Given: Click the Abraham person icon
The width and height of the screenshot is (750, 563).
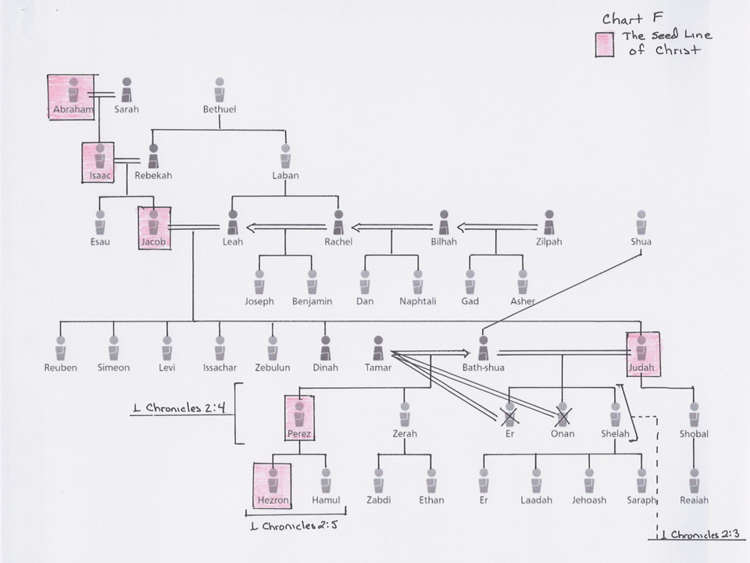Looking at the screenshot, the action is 73,90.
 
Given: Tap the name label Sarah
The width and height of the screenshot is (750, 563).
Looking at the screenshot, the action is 127,109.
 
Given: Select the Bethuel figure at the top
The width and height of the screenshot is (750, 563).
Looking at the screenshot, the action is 220,90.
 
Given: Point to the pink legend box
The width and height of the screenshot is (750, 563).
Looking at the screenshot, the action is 605,45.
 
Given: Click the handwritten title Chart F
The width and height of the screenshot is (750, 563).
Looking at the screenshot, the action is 632,19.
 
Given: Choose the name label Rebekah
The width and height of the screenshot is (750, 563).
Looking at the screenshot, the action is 153,175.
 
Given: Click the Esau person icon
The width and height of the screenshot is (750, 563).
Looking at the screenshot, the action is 100,222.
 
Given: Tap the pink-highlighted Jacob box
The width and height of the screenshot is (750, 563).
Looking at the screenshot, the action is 154,228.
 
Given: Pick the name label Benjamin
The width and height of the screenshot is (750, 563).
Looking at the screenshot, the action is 312,301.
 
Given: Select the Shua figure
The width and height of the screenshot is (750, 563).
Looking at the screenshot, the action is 641,222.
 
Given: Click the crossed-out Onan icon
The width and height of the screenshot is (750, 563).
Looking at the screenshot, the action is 562,414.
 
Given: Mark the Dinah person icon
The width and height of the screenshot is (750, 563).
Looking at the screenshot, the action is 325,348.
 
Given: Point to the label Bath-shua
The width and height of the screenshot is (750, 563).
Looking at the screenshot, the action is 483,368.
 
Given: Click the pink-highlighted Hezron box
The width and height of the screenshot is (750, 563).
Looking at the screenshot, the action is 272,486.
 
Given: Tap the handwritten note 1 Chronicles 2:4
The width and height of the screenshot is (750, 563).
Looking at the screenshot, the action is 180,408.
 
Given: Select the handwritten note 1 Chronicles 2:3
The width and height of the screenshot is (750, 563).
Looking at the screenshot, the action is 700,534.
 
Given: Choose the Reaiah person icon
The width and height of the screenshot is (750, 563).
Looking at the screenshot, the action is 694,481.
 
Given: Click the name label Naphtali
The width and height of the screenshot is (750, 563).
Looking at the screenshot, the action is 417,301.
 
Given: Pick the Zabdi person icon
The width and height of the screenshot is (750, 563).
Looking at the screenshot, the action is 378,481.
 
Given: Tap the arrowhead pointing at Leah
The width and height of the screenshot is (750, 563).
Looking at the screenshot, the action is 252,228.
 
